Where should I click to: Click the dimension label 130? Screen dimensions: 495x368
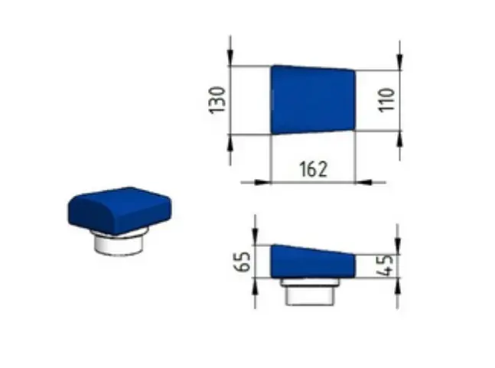217,99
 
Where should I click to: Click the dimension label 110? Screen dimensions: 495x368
386,99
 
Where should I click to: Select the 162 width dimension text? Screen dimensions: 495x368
313,169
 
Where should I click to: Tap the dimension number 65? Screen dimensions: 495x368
242,262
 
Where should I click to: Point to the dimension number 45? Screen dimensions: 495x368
386,265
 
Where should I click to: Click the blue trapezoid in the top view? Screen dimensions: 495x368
313,99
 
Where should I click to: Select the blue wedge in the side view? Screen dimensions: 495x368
313,262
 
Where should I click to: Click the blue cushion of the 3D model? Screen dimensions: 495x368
119,210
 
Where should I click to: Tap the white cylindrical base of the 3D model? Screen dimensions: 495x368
119,242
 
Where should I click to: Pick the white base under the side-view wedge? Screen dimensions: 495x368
310,292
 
